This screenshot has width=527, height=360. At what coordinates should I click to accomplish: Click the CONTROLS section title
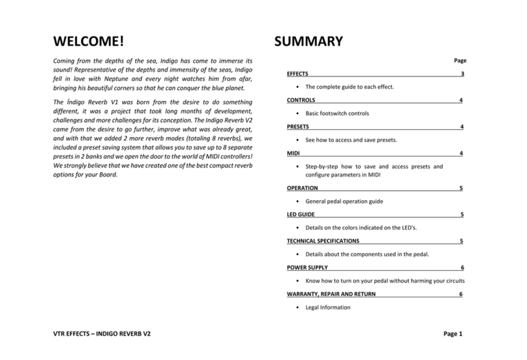coord(301,101)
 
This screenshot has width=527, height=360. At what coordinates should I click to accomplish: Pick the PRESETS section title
coord(299,127)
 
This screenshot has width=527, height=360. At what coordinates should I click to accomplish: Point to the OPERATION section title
coord(303,188)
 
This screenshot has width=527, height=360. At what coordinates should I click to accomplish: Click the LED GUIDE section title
coord(302,215)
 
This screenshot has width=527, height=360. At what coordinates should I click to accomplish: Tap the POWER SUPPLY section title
coord(307,267)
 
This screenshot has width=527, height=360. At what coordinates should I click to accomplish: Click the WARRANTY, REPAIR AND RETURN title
coord(331,294)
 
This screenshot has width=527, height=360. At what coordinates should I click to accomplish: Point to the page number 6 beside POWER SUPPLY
coord(462,267)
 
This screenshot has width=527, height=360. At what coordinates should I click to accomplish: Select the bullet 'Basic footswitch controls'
coord(337,113)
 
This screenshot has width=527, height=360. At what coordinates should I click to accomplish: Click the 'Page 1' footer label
coord(453,335)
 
